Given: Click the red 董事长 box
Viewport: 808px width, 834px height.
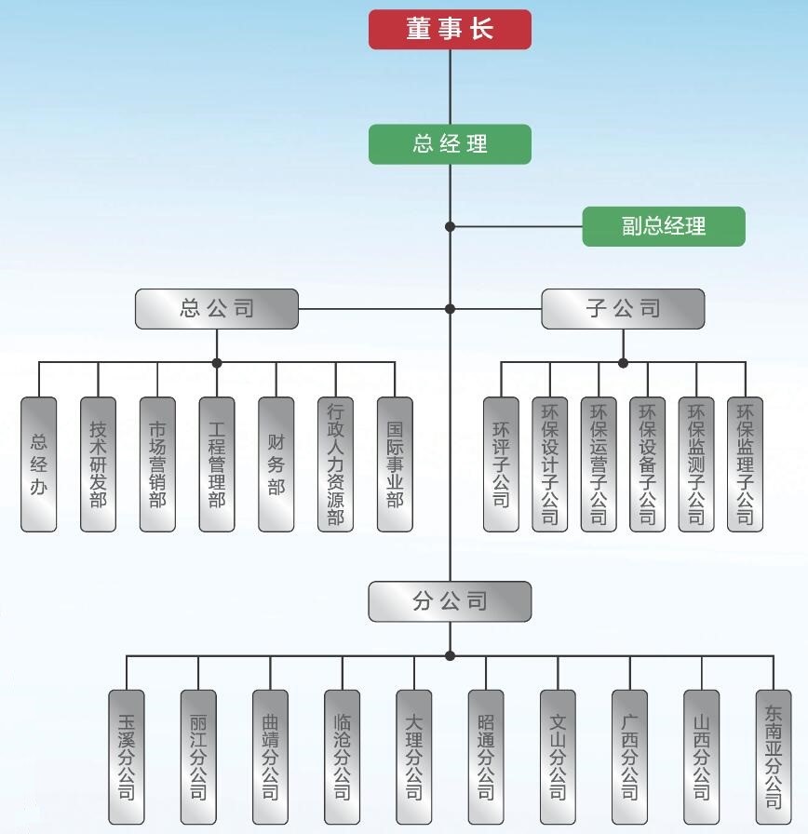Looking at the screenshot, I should [x=450, y=29].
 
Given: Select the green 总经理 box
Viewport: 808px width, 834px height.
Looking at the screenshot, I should [x=450, y=144].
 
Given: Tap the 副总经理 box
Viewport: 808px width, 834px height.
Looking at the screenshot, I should [x=664, y=226].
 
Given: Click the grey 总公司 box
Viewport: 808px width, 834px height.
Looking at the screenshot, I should [x=217, y=309].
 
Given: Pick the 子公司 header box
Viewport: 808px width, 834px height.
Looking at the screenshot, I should [x=623, y=309].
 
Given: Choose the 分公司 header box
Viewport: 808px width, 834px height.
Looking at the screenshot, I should [x=450, y=601].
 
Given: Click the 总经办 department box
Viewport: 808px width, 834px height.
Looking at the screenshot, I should [x=39, y=464].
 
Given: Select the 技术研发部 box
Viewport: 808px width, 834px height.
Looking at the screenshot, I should [x=98, y=464].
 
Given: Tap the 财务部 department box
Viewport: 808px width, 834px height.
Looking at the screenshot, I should [x=276, y=464].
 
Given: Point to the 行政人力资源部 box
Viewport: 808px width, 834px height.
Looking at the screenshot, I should [x=335, y=464].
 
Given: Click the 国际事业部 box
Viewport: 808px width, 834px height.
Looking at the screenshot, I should [x=395, y=464].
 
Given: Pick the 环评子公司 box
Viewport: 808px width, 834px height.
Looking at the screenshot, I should [x=501, y=464].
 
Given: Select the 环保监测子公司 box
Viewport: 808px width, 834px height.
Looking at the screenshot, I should [x=696, y=464].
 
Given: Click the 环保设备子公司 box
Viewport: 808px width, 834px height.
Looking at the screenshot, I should [x=647, y=464].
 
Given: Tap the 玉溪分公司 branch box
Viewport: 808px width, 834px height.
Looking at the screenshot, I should [x=127, y=757].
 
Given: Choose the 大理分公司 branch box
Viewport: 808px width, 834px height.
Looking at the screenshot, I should [x=414, y=757].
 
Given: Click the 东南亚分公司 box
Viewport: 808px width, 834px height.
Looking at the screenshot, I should [x=774, y=757].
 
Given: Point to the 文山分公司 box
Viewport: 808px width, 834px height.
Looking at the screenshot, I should [x=558, y=757].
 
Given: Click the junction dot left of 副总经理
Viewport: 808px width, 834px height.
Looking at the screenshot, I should [x=451, y=226].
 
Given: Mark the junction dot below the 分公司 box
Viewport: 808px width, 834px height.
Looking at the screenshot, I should [x=451, y=656].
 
